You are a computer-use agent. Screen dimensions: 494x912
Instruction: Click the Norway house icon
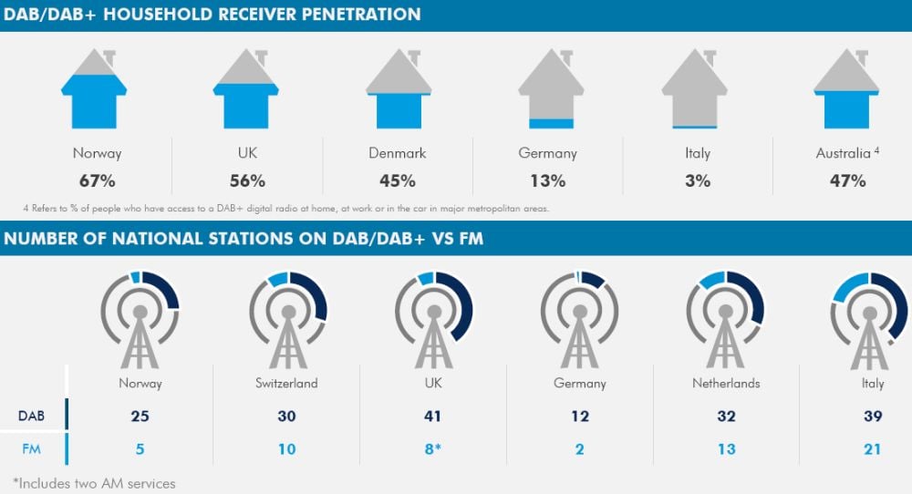point(94,89)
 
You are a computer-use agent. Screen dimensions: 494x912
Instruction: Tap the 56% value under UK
point(246,180)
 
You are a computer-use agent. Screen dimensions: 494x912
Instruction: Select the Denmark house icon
point(399,89)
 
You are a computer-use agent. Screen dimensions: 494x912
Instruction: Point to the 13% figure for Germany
point(548,180)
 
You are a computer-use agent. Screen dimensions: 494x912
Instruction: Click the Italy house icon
point(695,89)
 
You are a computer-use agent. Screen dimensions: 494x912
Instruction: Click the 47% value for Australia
point(846,180)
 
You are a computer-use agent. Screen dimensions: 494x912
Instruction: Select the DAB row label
point(33,417)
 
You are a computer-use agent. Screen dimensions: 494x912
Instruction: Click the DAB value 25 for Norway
point(140,417)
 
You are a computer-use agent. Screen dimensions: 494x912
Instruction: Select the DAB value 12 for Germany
point(580,417)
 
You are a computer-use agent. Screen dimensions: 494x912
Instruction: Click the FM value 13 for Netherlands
point(726,448)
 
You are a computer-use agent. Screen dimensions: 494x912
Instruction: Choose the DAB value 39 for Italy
point(872,417)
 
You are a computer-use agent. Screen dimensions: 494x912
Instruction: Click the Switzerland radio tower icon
point(288,319)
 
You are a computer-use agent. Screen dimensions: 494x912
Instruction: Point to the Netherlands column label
point(726,384)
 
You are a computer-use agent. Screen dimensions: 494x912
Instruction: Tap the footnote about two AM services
point(94,482)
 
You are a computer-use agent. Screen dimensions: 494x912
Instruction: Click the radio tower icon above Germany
point(580,319)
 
